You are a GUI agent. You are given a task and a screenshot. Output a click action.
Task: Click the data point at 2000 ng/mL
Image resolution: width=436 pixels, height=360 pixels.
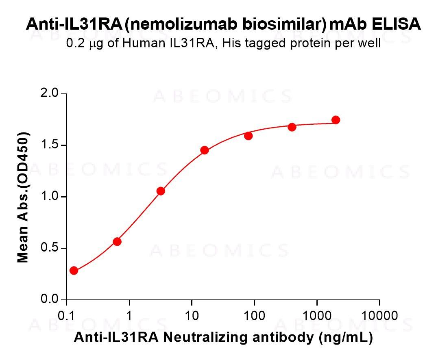coord(336,120)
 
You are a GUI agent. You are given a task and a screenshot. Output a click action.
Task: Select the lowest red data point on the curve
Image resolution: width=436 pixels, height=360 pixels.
coord(74,271)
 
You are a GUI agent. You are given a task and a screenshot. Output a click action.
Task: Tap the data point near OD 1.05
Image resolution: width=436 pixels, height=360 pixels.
coord(161,191)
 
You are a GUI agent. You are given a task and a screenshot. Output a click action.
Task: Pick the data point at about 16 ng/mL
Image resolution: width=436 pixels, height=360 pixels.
coord(205,150)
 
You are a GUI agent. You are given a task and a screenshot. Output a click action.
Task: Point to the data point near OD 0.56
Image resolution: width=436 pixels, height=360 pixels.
coord(117,242)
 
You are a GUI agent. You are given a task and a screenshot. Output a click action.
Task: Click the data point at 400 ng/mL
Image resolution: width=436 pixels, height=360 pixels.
coord(292,127)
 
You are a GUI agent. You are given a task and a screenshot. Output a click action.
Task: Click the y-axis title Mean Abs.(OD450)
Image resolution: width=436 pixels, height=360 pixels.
coord(24,197)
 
